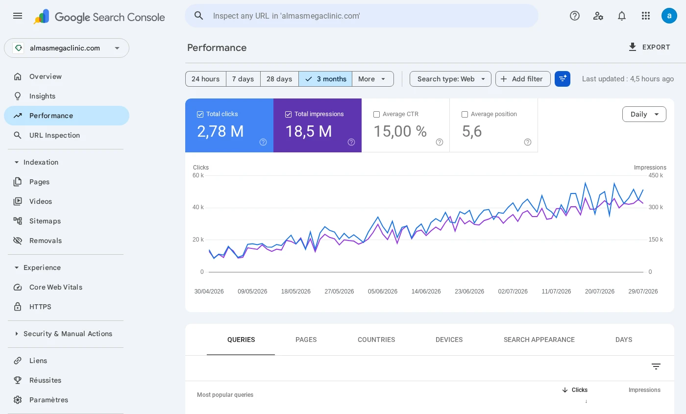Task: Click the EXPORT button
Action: point(649,47)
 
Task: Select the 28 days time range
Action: point(279,79)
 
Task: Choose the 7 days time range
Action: point(243,79)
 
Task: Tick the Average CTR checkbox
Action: point(376,114)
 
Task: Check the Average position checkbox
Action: point(465,114)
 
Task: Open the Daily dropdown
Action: point(644,114)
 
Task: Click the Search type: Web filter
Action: point(450,79)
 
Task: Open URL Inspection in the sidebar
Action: point(54,135)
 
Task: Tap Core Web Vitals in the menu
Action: point(56,287)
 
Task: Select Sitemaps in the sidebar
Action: point(45,221)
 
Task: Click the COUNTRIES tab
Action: point(376,340)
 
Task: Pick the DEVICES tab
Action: point(449,340)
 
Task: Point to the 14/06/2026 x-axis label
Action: point(426,292)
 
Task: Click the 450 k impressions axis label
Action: point(656,175)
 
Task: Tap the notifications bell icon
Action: point(622,16)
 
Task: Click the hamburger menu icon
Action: point(18,16)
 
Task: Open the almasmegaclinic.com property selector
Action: point(67,48)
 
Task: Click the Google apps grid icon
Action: point(646,16)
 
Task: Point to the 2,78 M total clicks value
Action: point(220,131)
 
